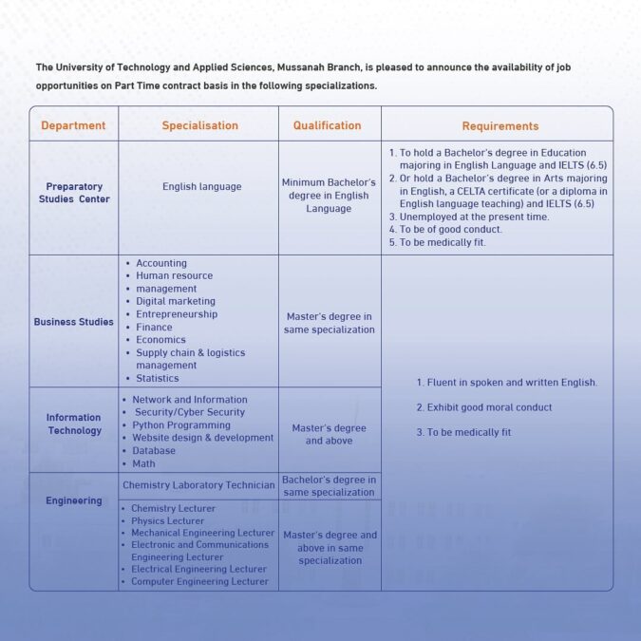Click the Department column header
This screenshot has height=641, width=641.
pyautogui.click(x=73, y=125)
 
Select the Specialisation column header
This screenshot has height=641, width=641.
pyautogui.click(x=199, y=125)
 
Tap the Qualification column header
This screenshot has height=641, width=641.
pyautogui.click(x=327, y=125)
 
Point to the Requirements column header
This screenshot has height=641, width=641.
pyautogui.click(x=500, y=126)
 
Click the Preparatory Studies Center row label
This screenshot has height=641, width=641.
pyautogui.click(x=74, y=193)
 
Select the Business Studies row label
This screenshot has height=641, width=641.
pyautogui.click(x=73, y=322)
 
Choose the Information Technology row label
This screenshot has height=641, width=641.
pyautogui.click(x=74, y=424)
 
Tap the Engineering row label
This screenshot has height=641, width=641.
pyautogui.click(x=74, y=500)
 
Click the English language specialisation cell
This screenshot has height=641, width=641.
pyautogui.click(x=201, y=187)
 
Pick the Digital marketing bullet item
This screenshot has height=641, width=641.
pyautogui.click(x=176, y=301)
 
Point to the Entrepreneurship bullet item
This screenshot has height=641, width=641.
pyautogui.click(x=177, y=314)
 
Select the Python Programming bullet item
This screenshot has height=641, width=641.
pyautogui.click(x=181, y=425)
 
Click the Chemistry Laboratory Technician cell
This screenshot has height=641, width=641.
pyautogui.click(x=198, y=485)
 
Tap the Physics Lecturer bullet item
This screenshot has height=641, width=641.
pyautogui.click(x=167, y=520)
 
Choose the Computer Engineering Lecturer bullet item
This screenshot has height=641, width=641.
pyautogui.click(x=199, y=581)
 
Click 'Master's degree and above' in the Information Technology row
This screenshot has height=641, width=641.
pyautogui.click(x=329, y=434)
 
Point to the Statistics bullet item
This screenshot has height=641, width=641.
pyautogui.click(x=157, y=378)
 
